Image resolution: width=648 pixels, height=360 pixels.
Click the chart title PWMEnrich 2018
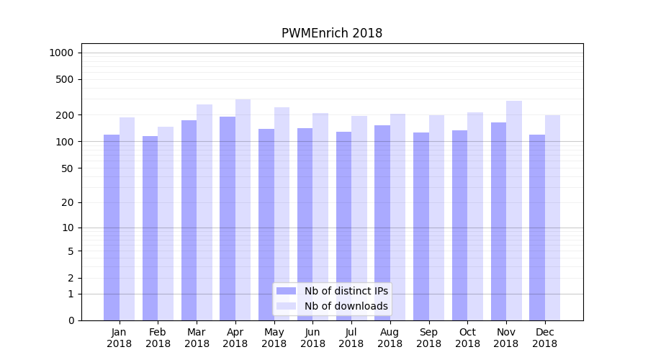(x=332, y=34)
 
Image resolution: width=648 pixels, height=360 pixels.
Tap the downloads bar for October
(x=475, y=216)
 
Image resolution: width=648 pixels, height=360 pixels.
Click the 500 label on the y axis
(x=65, y=79)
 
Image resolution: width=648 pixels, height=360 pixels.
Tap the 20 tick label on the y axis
(x=67, y=202)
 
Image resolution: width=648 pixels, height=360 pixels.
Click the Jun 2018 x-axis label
(x=312, y=338)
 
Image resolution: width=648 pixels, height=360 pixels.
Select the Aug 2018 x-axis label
(x=390, y=338)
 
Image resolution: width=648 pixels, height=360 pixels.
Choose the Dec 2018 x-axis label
(x=544, y=338)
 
